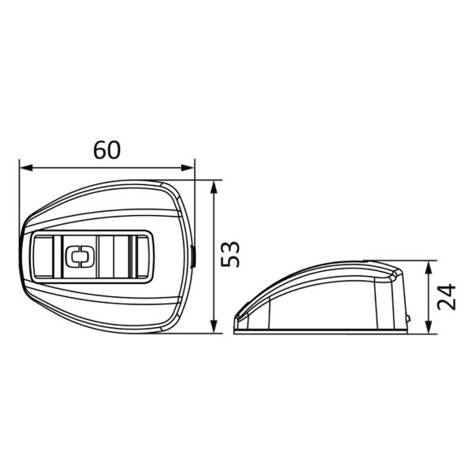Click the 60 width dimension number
[106, 150]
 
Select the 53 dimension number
[231, 254]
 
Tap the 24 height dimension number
[446, 297]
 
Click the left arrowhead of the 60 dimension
[26, 168]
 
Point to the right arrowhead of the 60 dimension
[187, 168]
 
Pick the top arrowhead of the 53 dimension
[214, 187]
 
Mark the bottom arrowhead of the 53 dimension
[214, 327]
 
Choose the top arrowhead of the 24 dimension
[429, 268]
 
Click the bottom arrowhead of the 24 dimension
[429, 327]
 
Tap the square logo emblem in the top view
[80, 256]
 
